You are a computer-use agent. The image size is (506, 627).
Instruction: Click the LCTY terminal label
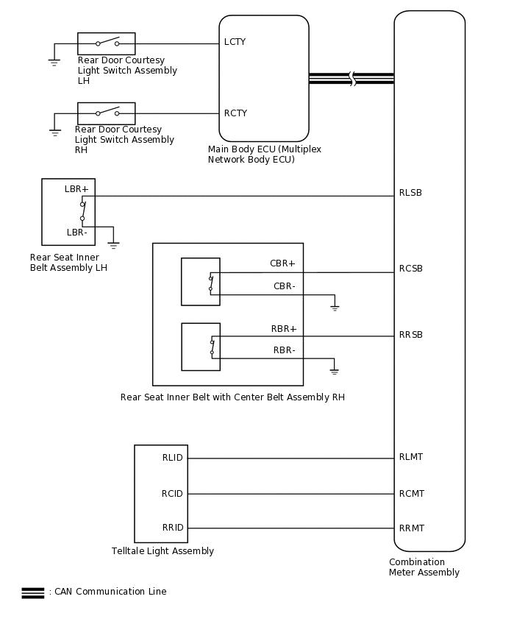point(235,43)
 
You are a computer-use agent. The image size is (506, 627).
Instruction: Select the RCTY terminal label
point(235,113)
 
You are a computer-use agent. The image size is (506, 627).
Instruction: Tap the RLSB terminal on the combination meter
point(410,194)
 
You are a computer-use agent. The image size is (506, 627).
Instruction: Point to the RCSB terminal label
point(410,269)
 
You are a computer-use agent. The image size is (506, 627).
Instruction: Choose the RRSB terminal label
point(410,335)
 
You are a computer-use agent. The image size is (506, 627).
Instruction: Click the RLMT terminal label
point(411,457)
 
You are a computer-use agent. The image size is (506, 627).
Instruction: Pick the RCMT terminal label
point(411,494)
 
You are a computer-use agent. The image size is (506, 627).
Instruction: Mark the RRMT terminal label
point(411,528)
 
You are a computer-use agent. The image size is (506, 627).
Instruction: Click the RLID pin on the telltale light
point(172,458)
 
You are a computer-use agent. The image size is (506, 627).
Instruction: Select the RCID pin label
point(172,494)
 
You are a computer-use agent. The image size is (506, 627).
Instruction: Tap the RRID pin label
point(172,528)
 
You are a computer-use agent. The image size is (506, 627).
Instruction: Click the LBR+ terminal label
point(76,189)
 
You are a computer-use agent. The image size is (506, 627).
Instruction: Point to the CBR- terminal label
point(284,286)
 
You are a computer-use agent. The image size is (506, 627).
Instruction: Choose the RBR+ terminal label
point(283,329)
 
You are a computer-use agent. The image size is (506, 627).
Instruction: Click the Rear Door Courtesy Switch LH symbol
point(107,43)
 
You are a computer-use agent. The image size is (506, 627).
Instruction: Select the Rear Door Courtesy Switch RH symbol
point(107,113)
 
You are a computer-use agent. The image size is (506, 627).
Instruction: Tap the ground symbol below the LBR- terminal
point(113,245)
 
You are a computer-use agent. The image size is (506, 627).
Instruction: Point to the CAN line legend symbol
point(33,592)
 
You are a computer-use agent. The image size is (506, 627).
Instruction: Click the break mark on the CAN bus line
point(352,79)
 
